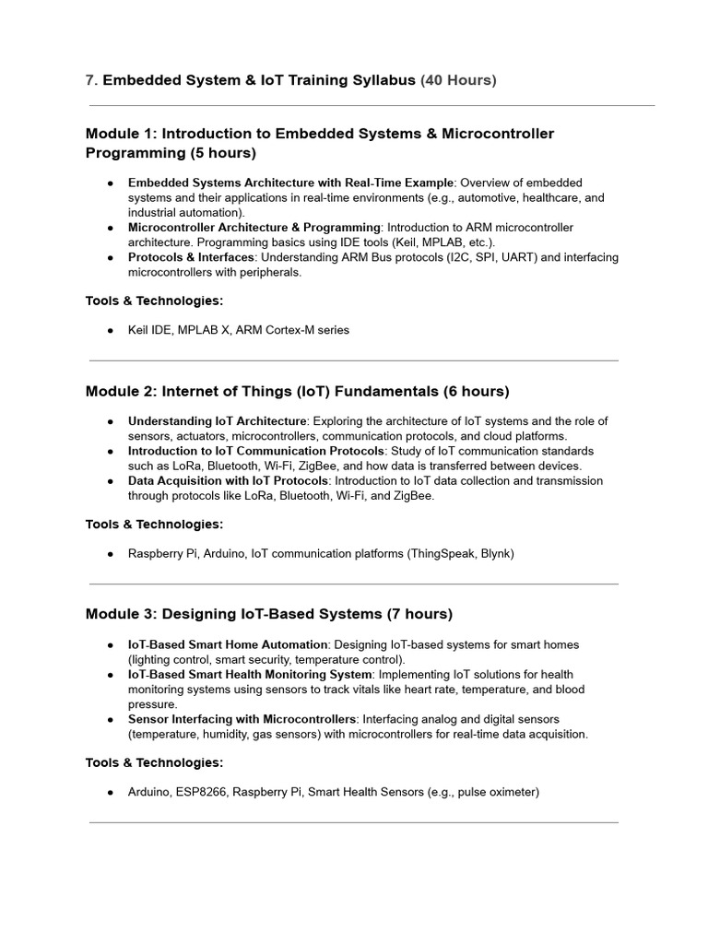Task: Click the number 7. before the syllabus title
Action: coord(91,80)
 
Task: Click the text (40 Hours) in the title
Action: coord(458,80)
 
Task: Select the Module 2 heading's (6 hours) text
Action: coord(476,391)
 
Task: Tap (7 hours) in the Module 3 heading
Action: coord(419,614)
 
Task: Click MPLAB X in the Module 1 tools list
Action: coord(202,330)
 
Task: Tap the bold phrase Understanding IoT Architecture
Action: coord(217,421)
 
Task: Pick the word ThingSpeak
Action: coord(444,554)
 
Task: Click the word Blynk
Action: coord(495,554)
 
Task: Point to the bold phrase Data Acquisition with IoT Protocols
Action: coord(228,481)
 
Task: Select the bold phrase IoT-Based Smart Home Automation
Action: coord(228,644)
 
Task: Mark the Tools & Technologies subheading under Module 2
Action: coord(155,525)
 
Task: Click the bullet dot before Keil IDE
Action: coord(111,330)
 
